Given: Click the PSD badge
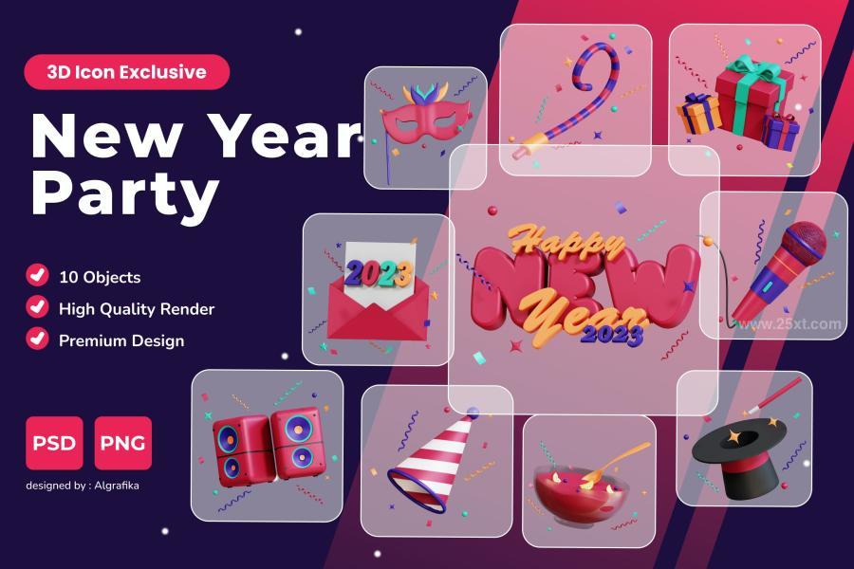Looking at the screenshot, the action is point(54,443).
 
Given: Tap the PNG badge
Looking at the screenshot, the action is point(123,443).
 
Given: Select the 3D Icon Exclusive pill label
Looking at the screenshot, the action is point(127,72).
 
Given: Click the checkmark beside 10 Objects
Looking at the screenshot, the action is point(37,275).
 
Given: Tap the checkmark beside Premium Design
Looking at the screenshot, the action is point(37,339).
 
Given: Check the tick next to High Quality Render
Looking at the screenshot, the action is point(37,306).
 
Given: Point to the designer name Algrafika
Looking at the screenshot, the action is point(117,486).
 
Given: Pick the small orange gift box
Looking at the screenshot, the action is point(698,114).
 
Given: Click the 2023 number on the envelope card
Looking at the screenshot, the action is point(379,272).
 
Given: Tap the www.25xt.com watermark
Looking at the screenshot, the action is point(789,324).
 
